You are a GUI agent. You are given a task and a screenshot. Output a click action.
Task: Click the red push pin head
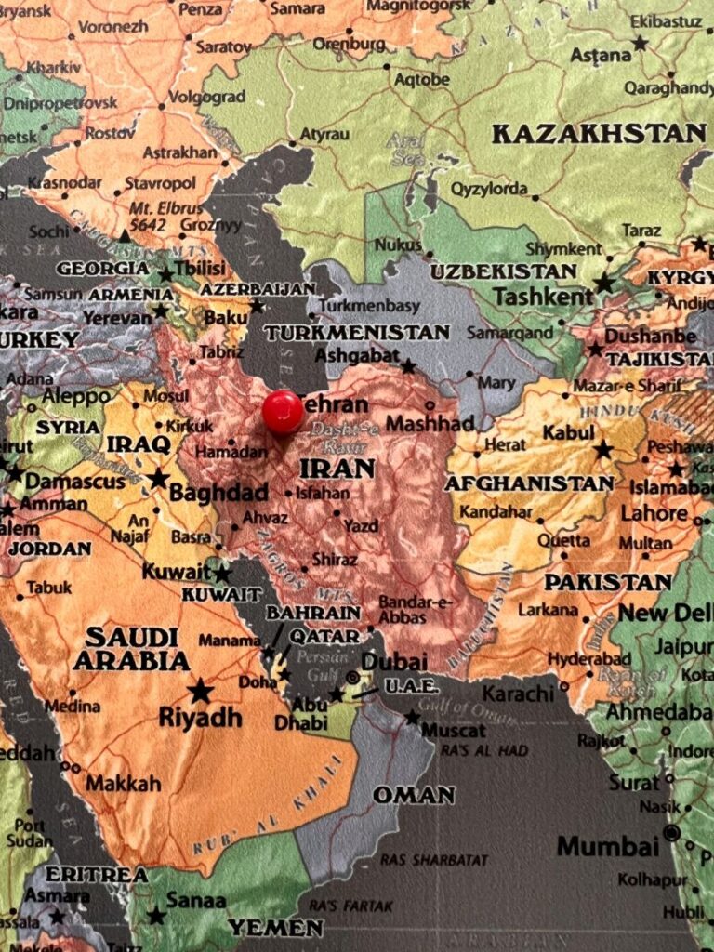click(283, 411)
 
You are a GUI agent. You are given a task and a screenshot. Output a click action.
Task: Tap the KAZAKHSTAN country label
click(599, 133)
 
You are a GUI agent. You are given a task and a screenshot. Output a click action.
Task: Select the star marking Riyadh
click(200, 690)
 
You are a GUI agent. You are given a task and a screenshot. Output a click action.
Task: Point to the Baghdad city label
click(218, 493)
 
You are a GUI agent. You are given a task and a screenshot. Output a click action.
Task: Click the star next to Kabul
click(603, 450)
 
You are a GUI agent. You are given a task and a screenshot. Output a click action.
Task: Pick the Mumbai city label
click(608, 846)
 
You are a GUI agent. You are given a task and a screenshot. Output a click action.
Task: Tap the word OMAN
click(414, 795)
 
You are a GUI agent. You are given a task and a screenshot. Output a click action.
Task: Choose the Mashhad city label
click(430, 424)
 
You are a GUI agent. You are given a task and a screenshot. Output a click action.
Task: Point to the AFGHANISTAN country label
click(529, 483)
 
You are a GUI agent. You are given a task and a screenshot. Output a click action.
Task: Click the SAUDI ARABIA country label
click(131, 649)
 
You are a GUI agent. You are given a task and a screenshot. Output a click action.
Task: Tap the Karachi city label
click(518, 694)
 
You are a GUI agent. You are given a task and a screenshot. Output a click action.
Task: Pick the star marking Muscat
click(412, 717)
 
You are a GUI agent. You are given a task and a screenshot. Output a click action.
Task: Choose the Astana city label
click(600, 56)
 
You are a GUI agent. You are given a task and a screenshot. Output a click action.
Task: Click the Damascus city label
click(74, 482)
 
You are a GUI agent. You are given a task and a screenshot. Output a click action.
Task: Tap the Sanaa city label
click(195, 900)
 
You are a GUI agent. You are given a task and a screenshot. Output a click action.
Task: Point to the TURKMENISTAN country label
click(356, 332)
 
